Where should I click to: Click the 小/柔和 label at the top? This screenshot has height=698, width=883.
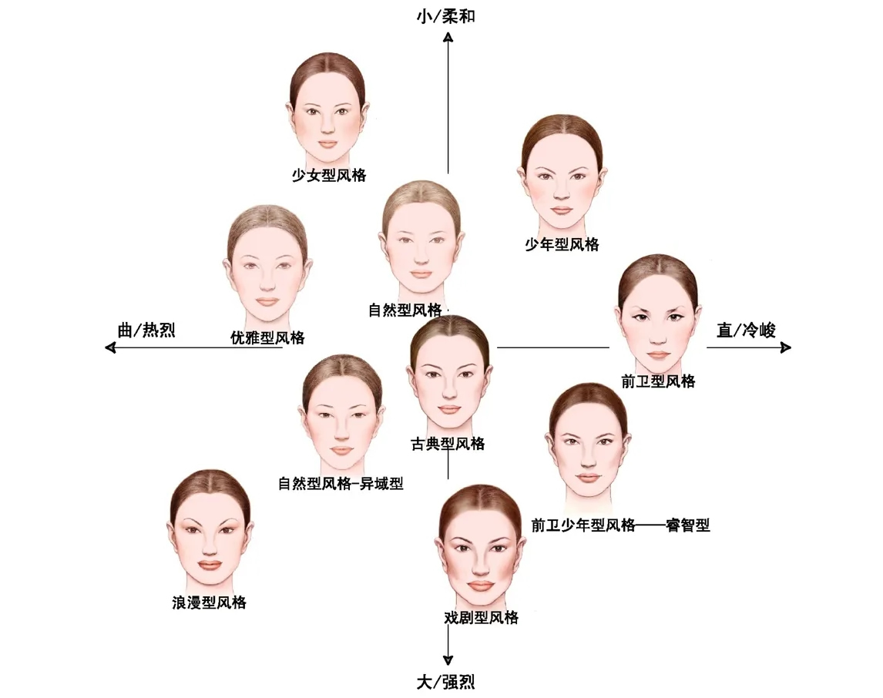coord(446,15)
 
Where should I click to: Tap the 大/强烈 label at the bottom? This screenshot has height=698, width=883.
coord(446,682)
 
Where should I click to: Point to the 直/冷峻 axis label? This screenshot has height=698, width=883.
coord(746,331)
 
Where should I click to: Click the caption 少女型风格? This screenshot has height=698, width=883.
coord(329,175)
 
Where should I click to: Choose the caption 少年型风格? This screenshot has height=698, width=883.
coord(562,245)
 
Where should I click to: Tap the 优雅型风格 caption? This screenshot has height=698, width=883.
coord(267,337)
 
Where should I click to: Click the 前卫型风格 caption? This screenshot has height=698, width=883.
coord(657,381)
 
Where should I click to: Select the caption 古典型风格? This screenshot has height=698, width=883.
coord(448,444)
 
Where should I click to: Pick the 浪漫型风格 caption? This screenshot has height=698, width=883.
coord(209,602)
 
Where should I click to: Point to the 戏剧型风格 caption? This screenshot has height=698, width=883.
coord(482,617)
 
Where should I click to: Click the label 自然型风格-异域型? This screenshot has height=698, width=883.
coord(341,484)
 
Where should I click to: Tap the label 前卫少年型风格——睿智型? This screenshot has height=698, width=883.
coord(620,525)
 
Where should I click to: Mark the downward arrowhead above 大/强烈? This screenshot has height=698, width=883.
coord(448,659)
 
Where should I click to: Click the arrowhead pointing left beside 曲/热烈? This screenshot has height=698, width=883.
coord(110,348)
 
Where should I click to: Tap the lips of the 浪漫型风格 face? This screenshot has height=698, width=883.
coord(210,565)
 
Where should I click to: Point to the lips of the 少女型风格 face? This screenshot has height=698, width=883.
coord(328,143)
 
